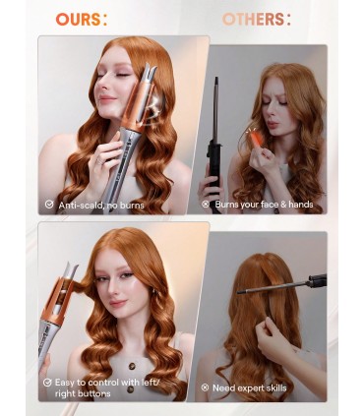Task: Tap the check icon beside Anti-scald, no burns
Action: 48,205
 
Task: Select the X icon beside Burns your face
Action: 206,205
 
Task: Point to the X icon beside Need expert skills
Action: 205,387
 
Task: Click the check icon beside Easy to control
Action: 46,384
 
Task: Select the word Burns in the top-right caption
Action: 229,205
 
